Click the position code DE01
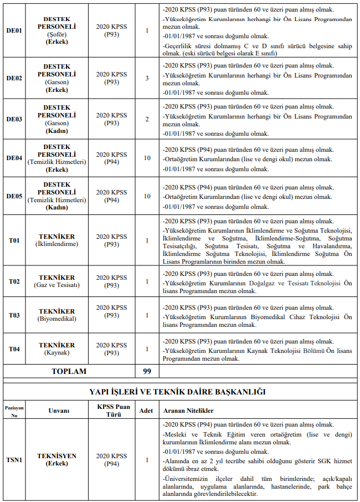[14, 30]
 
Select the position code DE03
[14, 119]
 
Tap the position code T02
[14, 281]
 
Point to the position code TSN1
[14, 459]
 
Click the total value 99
[147, 371]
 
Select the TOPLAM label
[69, 371]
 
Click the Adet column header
[146, 411]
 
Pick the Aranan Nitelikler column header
[188, 411]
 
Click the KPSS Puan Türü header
[111, 411]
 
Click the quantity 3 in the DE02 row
[147, 78]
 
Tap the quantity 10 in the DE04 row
[147, 158]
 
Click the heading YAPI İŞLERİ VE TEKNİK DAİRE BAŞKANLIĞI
[180, 392]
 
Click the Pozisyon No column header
[14, 411]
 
